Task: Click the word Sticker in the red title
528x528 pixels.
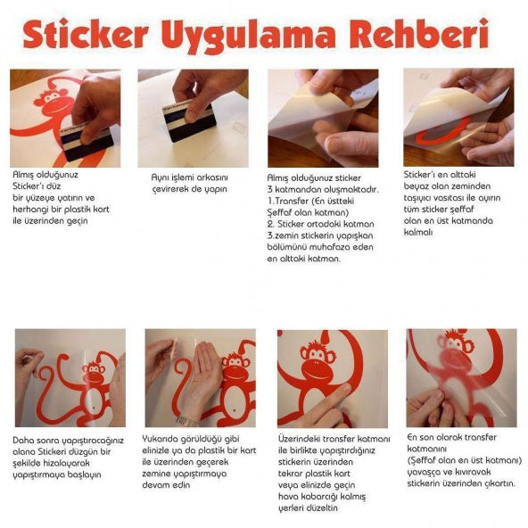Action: (86, 34)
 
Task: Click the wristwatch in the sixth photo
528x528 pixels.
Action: (186, 421)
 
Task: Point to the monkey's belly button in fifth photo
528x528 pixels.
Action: (94, 408)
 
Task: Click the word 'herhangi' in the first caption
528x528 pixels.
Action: (30, 210)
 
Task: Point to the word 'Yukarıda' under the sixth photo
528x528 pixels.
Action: (160, 439)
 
